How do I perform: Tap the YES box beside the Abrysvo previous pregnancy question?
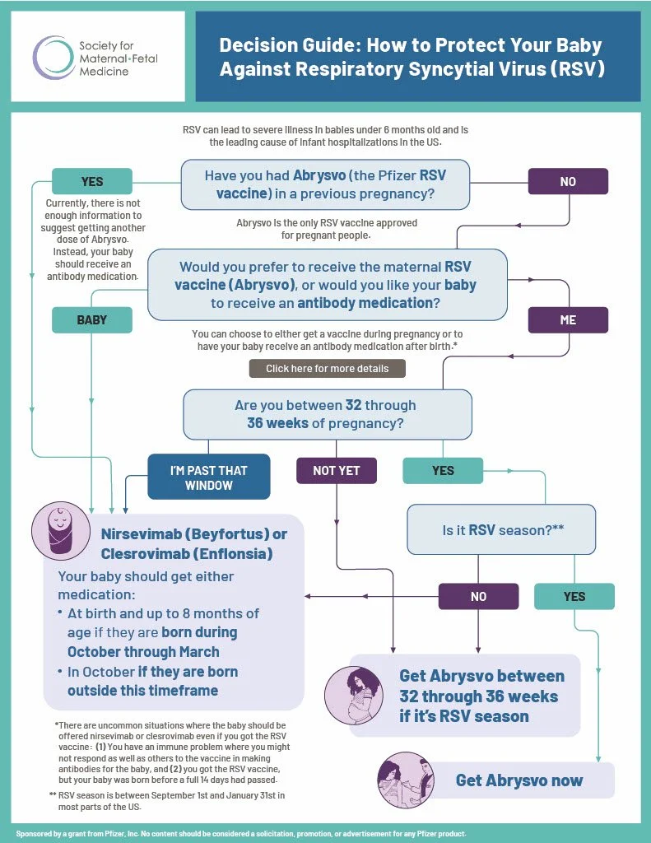click(92, 181)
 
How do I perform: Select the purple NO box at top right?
click(568, 181)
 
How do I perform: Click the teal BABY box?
click(92, 320)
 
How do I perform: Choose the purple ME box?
click(568, 320)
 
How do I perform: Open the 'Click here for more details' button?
click(327, 369)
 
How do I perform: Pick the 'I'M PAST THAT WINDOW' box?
click(208, 477)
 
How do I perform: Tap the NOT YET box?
click(337, 471)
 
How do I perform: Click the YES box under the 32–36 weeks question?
click(443, 471)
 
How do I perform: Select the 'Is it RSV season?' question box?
click(502, 530)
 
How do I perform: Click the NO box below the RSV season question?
click(478, 596)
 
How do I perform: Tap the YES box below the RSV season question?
click(574, 596)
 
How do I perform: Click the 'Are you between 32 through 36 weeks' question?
click(328, 414)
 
